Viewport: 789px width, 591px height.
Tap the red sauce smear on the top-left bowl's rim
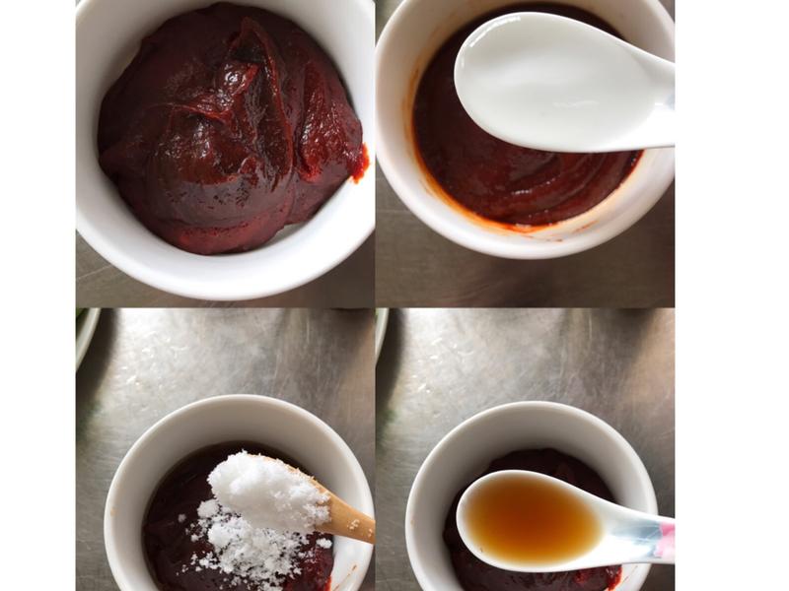coord(360,164)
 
